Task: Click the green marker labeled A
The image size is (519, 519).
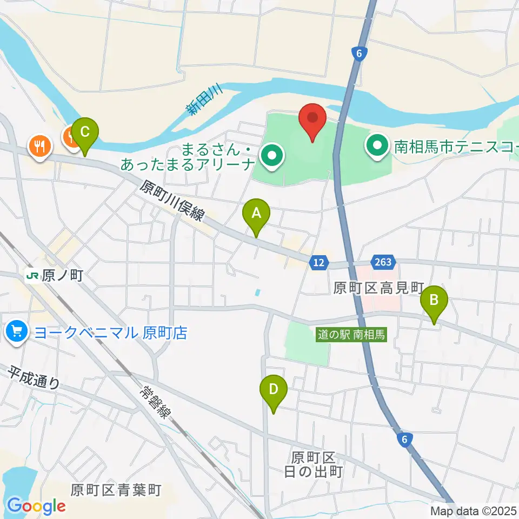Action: [256, 215]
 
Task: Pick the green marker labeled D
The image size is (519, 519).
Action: [274, 391]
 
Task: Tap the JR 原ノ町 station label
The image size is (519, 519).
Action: [55, 276]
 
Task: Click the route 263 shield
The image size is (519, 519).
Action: [382, 262]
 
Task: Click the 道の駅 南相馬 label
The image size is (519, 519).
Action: [351, 335]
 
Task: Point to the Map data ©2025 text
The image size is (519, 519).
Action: [474, 511]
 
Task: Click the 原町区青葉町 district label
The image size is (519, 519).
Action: [116, 490]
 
